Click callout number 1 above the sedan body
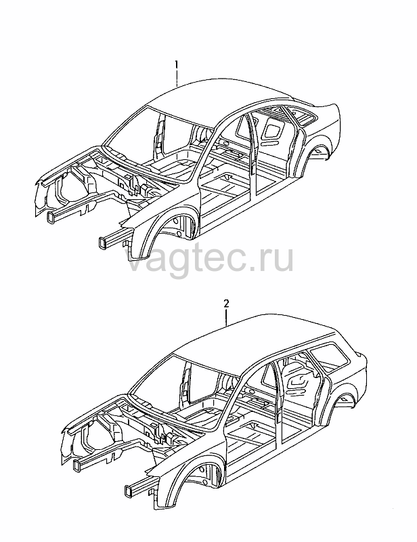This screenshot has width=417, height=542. coord(176,64)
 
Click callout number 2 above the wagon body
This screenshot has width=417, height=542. coord(226,304)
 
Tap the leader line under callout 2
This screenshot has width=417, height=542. coord(227,318)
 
